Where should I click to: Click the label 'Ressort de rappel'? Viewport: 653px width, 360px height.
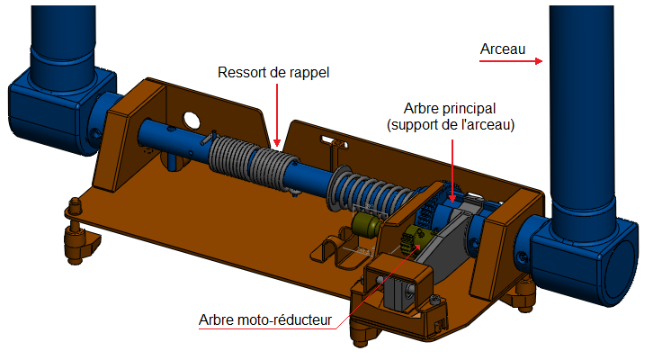(274, 71)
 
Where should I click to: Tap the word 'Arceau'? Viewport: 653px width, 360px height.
(502, 48)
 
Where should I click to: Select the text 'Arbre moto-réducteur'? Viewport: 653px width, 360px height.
(265, 319)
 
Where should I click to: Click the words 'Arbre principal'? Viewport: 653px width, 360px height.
(451, 108)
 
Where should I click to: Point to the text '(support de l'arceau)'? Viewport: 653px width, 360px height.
(451, 125)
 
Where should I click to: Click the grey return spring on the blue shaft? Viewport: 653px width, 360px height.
(246, 160)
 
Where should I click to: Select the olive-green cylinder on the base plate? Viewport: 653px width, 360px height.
(365, 226)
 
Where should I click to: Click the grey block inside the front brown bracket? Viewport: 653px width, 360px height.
(399, 290)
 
